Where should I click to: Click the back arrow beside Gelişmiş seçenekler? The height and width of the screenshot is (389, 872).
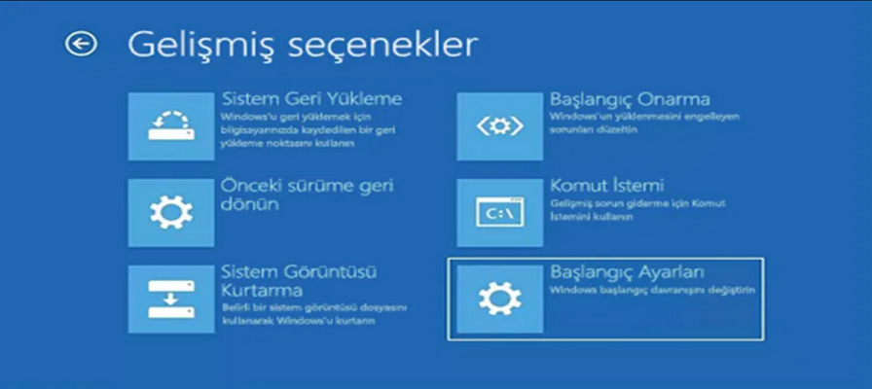81,44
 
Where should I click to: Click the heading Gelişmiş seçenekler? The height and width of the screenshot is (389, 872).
303,45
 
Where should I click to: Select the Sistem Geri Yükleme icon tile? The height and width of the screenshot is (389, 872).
170,126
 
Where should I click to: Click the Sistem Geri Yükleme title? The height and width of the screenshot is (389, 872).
311,99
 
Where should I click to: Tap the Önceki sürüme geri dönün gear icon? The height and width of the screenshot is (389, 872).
170,212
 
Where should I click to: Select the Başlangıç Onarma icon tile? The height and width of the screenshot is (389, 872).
498,126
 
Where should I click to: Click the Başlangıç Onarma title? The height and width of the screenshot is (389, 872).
630,99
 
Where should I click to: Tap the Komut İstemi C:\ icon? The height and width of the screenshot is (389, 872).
498,212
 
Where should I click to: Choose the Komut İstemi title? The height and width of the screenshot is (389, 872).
606,185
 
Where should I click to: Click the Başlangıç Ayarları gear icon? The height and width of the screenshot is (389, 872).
498,298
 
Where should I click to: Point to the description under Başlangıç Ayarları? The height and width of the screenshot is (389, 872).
651,290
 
